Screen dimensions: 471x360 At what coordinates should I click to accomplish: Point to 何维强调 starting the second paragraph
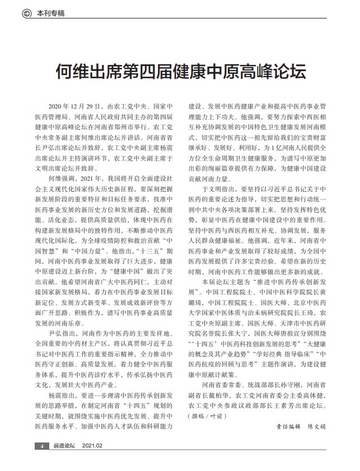[61, 177]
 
